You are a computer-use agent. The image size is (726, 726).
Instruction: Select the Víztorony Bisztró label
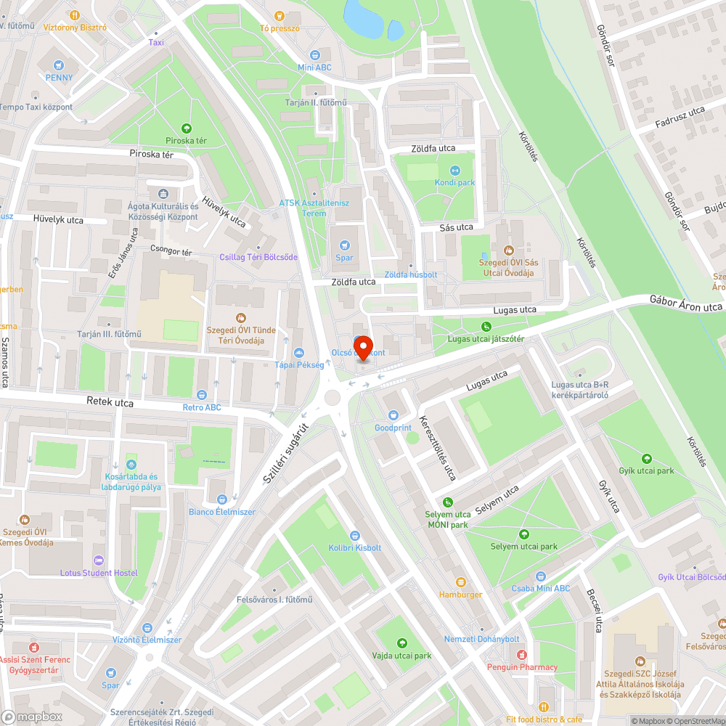(x=74, y=28)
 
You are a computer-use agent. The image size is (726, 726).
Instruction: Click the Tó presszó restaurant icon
(x=280, y=15)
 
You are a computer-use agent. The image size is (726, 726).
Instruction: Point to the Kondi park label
(x=454, y=182)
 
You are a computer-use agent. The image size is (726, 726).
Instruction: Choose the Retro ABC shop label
(x=202, y=407)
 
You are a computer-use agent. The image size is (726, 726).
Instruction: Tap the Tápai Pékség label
(x=299, y=365)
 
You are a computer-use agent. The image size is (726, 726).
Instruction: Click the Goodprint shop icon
(x=393, y=415)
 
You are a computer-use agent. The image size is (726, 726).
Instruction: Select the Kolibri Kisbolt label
(x=354, y=547)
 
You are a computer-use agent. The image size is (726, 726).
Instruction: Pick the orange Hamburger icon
(x=460, y=582)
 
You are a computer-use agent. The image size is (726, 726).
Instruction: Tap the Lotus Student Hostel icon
(x=99, y=560)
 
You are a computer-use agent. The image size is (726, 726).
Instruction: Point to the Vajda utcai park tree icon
(x=402, y=643)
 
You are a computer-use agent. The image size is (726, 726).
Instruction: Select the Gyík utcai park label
(x=646, y=470)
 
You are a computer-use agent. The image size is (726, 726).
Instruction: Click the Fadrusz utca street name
(x=680, y=114)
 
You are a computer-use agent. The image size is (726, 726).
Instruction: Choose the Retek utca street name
(x=110, y=403)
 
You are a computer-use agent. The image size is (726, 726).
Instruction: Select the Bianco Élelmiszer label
(x=222, y=512)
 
